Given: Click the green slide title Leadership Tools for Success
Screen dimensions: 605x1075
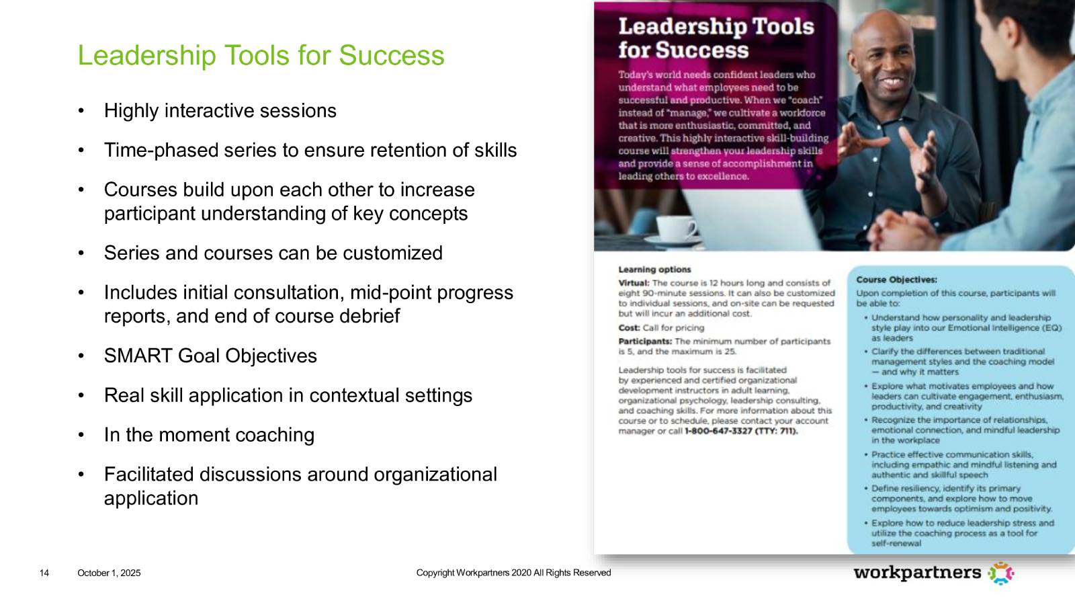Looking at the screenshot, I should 261,55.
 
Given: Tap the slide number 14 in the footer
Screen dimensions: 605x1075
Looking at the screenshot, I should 44,573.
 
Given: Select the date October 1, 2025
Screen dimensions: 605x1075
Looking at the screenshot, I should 109,573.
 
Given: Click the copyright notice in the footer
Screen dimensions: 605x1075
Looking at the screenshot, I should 513,573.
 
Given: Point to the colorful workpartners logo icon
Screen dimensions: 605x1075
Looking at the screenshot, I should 1000,573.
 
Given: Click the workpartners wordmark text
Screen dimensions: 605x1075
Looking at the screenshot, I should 917,573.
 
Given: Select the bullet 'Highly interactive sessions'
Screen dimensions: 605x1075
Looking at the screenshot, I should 220,111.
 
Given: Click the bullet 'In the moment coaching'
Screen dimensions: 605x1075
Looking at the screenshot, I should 209,435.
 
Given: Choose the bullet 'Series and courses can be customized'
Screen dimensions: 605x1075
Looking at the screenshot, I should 273,253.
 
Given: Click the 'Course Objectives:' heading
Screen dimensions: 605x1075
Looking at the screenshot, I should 896,280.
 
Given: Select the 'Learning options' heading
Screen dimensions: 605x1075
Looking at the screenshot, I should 654,270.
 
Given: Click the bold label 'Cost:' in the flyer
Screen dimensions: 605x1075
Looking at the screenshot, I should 629,328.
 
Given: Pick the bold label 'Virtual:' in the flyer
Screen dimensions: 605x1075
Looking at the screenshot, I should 634,283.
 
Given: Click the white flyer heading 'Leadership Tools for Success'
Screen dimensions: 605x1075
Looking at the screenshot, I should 716,38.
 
